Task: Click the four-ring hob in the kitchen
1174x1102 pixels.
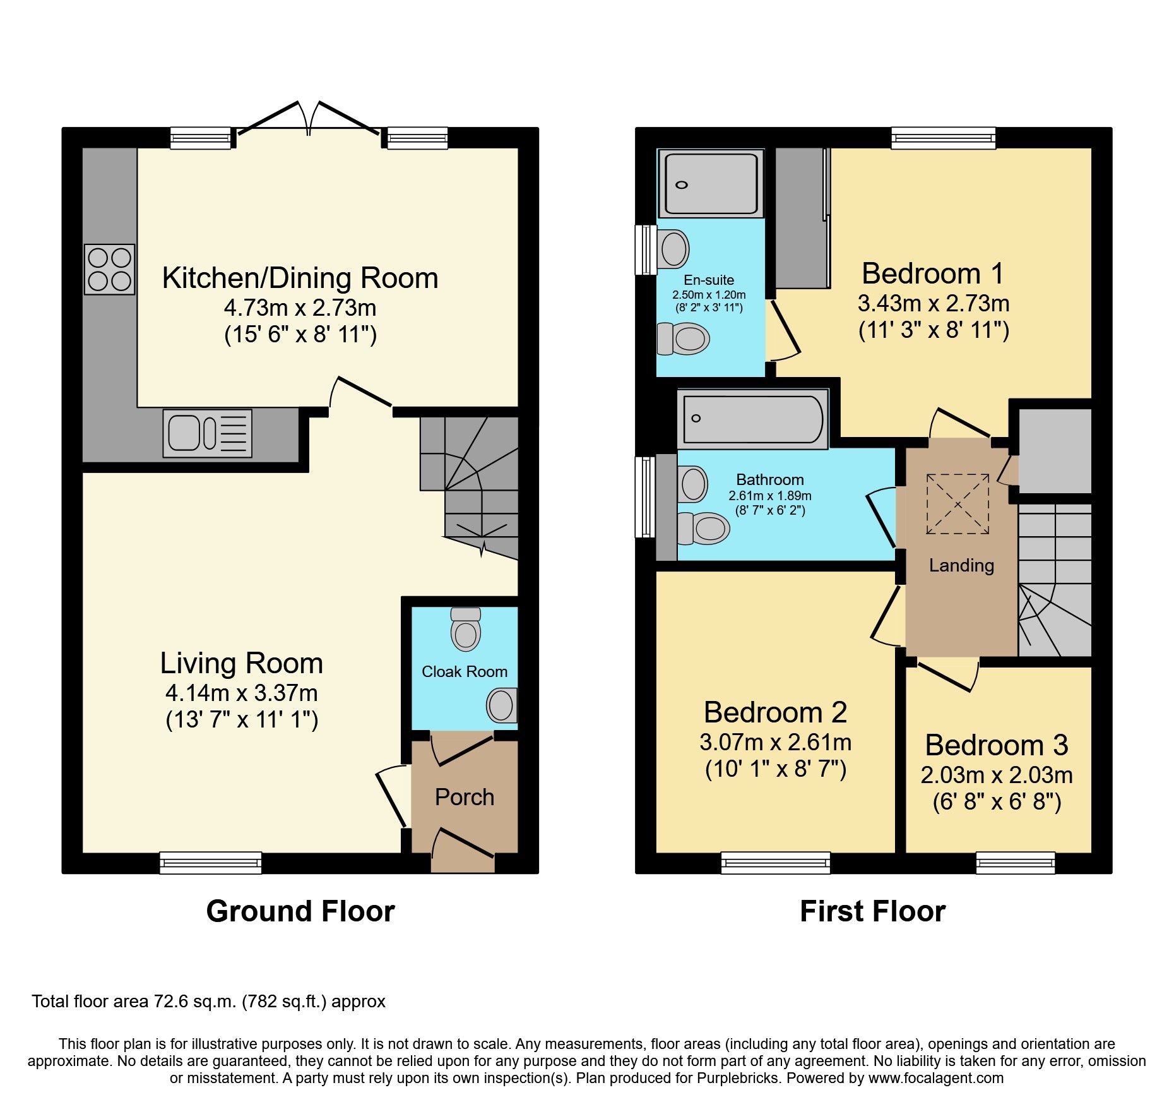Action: pos(110,269)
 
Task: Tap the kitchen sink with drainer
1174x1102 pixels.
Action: pos(207,433)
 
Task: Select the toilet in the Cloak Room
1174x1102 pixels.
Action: pos(466,630)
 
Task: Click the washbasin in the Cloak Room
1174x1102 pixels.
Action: pos(502,705)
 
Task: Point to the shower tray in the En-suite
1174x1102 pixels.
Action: pos(709,184)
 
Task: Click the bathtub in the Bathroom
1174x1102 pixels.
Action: pos(752,419)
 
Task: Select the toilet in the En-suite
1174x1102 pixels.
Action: pos(684,338)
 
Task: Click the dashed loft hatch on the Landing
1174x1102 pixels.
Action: pos(958,504)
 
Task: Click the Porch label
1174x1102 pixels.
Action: pos(465,797)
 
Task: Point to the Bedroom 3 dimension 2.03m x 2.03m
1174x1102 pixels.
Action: pos(997,775)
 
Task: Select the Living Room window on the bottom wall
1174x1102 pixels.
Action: pos(210,863)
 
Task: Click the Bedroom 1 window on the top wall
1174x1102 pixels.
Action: pos(943,138)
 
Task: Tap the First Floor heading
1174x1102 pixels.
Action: pos(872,911)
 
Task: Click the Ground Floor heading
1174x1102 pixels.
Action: pos(300,911)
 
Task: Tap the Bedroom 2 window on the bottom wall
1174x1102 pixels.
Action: pos(775,863)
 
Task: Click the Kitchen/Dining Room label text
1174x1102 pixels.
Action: pos(300,278)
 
